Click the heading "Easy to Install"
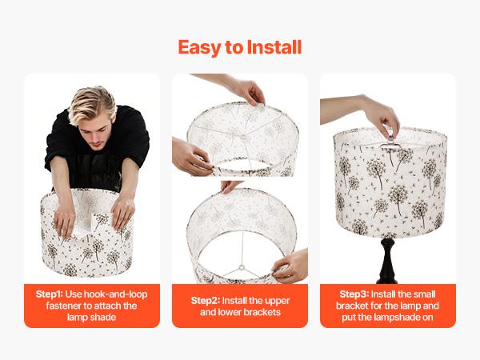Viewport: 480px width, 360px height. (x=239, y=47)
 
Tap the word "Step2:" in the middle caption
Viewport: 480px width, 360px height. (x=207, y=300)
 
